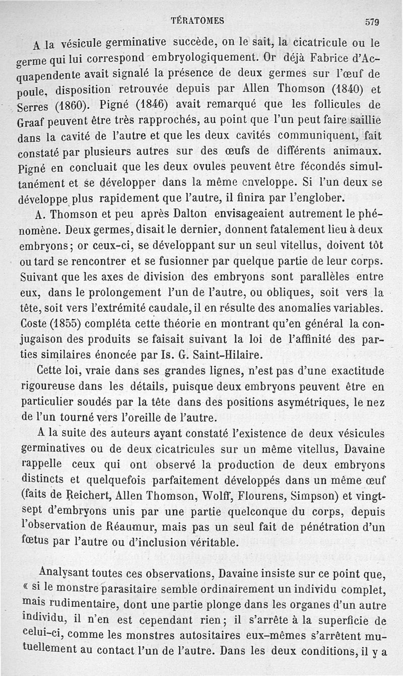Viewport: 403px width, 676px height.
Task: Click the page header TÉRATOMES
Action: (197, 21)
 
